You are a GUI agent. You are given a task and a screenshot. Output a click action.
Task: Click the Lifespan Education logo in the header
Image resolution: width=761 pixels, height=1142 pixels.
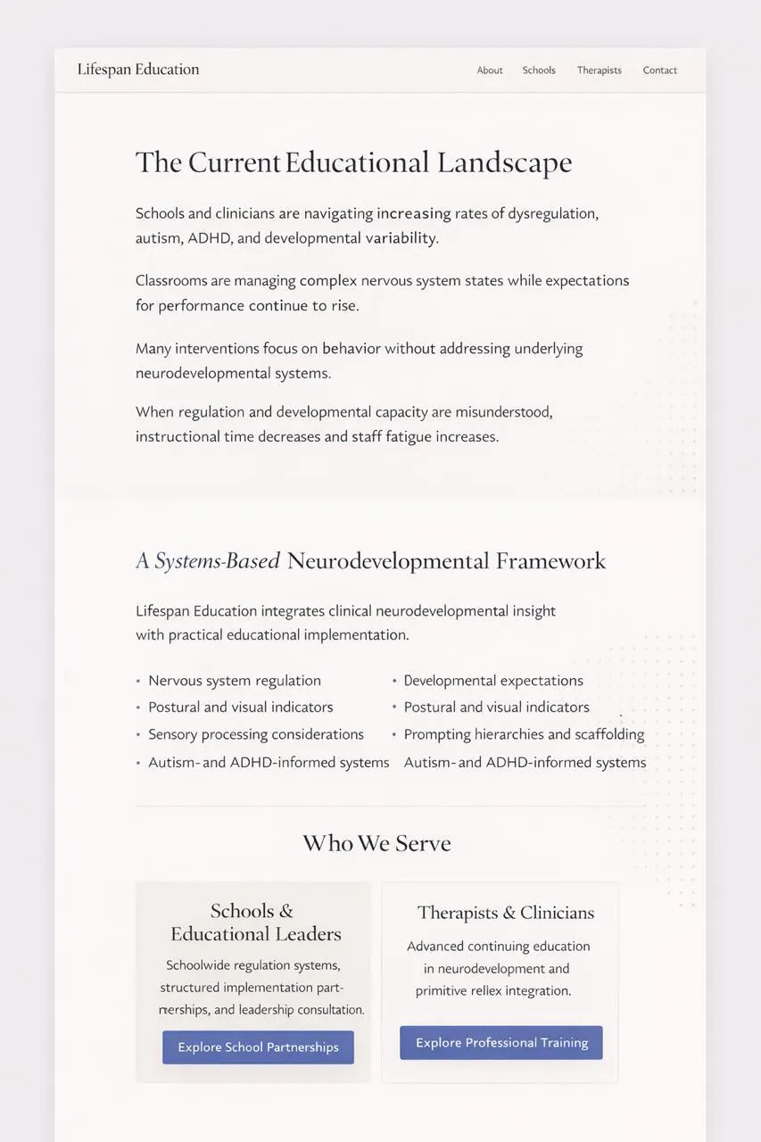pyautogui.click(x=138, y=70)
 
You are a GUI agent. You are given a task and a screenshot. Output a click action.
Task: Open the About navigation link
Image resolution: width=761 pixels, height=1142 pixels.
pyautogui.click(x=490, y=70)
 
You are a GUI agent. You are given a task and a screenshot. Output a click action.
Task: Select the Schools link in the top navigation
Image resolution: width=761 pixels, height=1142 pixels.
pyautogui.click(x=539, y=70)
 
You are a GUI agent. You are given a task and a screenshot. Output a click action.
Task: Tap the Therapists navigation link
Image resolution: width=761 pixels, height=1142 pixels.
pyautogui.click(x=599, y=70)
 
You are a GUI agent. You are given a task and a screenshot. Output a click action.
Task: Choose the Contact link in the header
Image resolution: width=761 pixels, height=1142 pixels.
pyautogui.click(x=659, y=70)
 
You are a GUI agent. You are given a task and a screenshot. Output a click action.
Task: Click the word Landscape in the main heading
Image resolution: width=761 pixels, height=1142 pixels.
pyautogui.click(x=504, y=163)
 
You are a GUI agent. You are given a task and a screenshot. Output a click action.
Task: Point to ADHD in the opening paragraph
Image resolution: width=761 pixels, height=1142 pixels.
pyautogui.click(x=209, y=238)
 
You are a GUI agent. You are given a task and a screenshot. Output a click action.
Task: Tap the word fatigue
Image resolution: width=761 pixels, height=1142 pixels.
pyautogui.click(x=409, y=437)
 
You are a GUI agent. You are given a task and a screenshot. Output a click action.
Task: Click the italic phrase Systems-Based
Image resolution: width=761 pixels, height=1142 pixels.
pyautogui.click(x=218, y=561)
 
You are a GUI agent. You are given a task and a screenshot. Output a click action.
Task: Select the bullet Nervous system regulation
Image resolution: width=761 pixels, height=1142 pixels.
pyautogui.click(x=235, y=681)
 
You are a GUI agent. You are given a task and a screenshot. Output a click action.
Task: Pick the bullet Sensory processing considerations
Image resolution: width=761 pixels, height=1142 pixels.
pyautogui.click(x=256, y=734)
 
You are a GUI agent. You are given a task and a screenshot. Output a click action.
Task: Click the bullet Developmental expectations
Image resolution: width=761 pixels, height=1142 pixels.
pyautogui.click(x=493, y=681)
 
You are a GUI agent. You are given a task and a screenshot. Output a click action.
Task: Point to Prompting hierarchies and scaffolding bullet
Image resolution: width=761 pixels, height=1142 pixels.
pyautogui.click(x=524, y=734)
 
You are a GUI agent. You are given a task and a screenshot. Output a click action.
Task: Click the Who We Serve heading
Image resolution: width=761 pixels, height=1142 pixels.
pyautogui.click(x=376, y=843)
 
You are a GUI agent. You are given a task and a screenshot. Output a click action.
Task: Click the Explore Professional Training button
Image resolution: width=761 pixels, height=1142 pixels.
pyautogui.click(x=501, y=1043)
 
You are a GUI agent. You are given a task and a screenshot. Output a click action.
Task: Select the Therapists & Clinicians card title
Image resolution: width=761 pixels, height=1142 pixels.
pyautogui.click(x=505, y=913)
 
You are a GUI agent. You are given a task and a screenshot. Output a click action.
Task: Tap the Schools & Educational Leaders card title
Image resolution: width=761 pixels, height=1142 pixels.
pyautogui.click(x=256, y=923)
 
